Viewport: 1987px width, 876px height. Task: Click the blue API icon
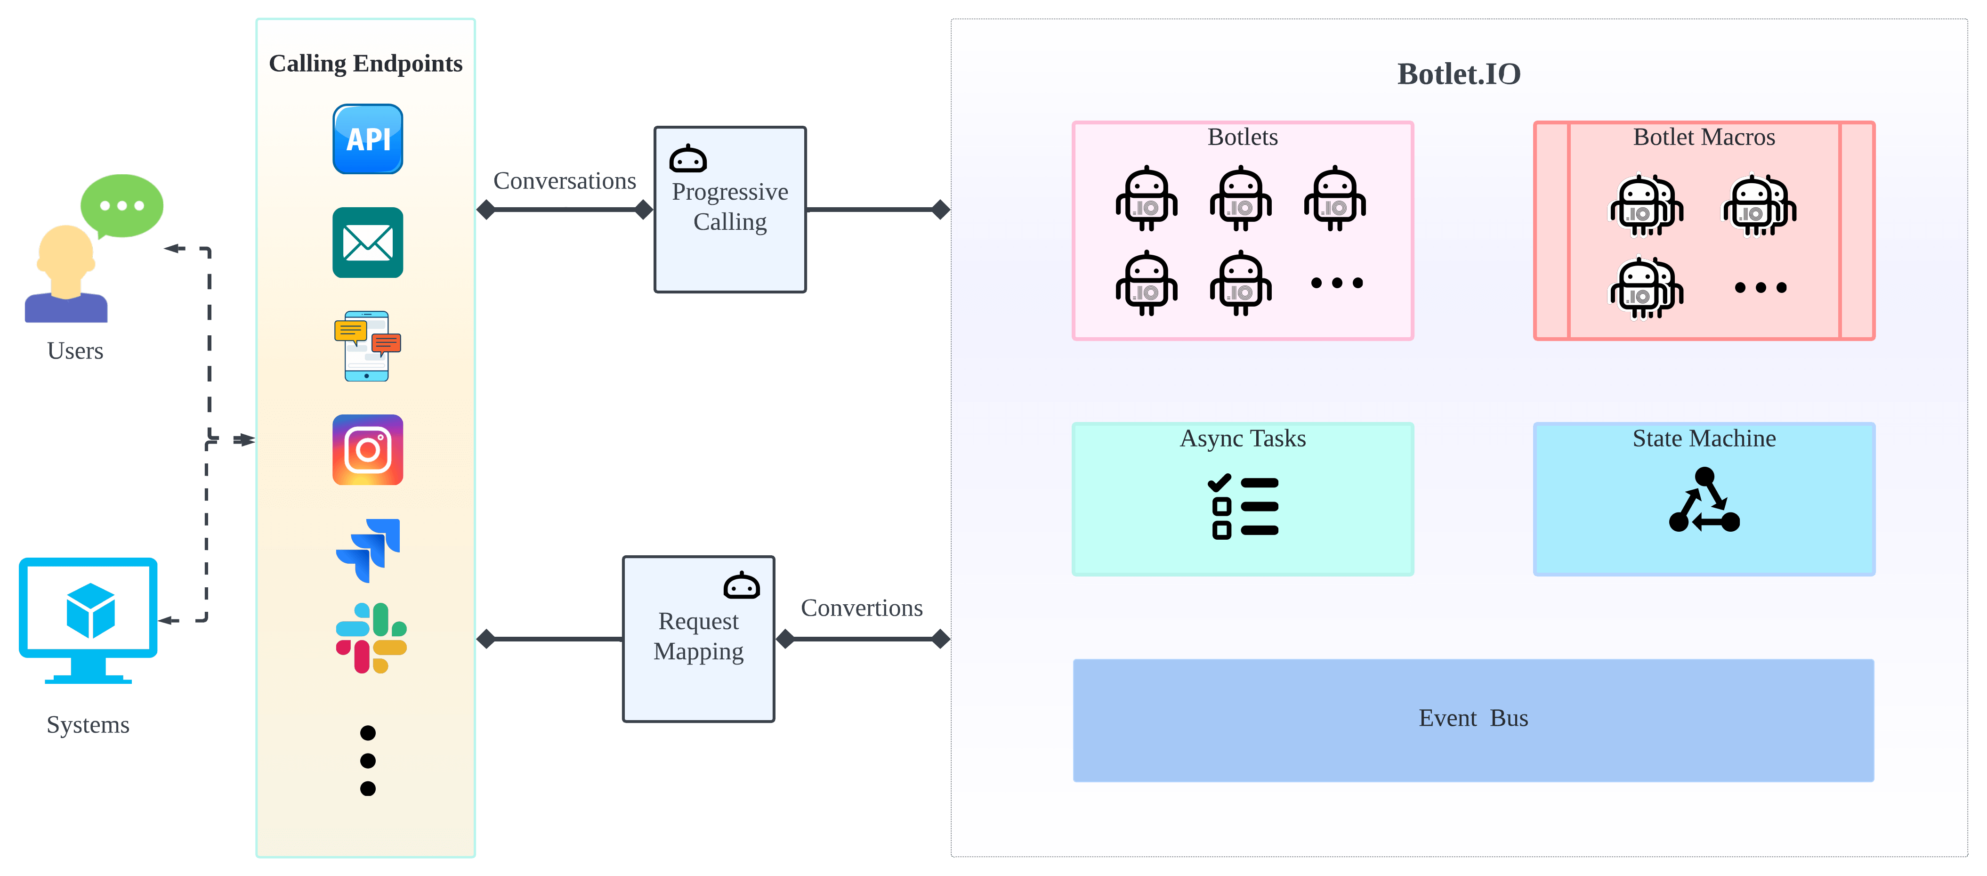[367, 139]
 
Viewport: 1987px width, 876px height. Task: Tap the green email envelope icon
[367, 243]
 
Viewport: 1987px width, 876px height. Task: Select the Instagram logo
[367, 450]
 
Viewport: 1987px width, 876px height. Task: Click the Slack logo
[371, 638]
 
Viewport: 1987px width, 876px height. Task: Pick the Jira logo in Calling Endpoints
[368, 550]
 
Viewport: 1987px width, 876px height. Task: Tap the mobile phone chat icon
[367, 346]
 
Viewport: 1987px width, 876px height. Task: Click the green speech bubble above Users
[122, 206]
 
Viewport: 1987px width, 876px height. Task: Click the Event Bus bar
[1473, 720]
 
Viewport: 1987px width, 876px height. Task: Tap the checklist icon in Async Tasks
[1243, 507]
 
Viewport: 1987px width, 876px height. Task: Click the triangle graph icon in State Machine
[1704, 500]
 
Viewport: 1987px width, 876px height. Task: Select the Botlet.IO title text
[1459, 74]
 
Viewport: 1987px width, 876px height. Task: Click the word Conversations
[565, 180]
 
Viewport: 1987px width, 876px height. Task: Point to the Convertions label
[862, 608]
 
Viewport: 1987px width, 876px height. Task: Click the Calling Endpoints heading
[366, 63]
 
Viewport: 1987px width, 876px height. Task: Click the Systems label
[88, 725]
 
